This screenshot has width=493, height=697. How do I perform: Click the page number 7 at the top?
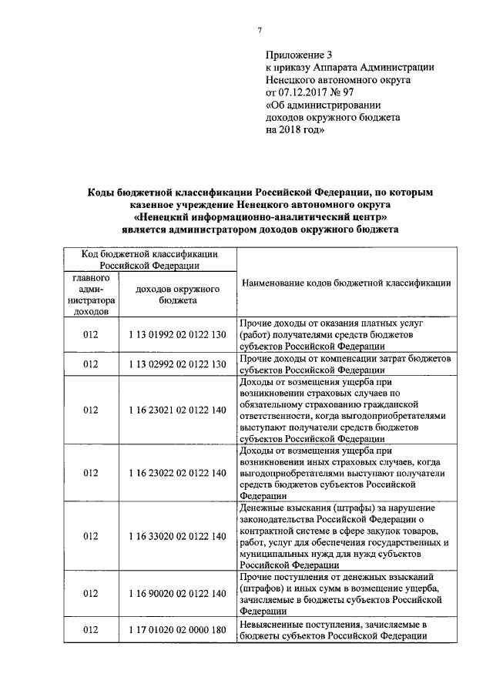coord(260,30)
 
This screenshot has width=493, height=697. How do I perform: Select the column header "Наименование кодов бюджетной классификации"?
coord(346,283)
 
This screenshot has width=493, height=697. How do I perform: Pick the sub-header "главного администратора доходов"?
coord(91,295)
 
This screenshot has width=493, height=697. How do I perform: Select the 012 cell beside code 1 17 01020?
coord(91,630)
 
